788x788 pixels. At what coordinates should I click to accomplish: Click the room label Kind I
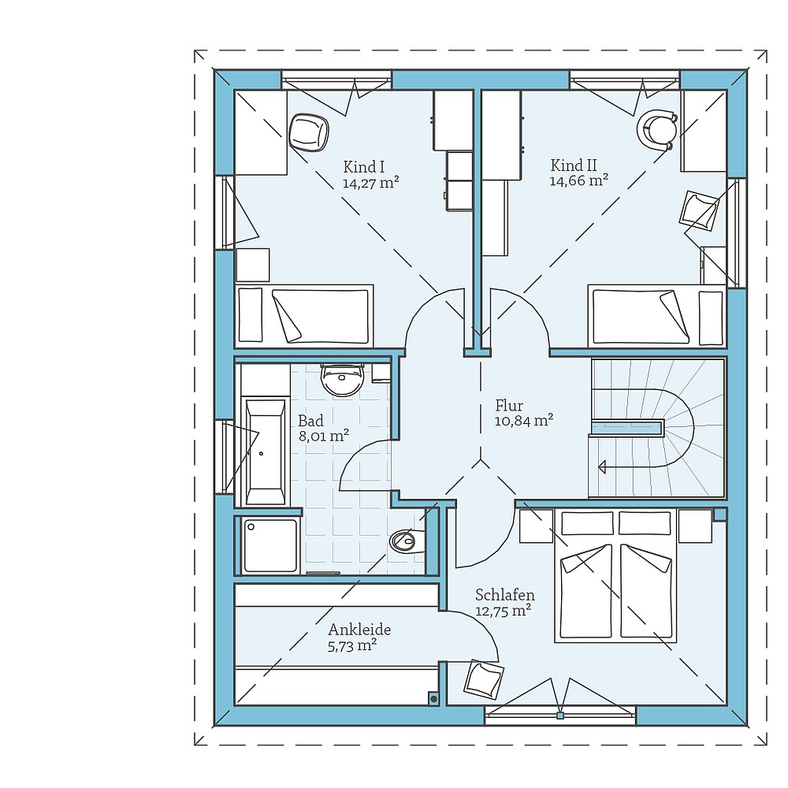click(363, 166)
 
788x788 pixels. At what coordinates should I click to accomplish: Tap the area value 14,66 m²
click(578, 180)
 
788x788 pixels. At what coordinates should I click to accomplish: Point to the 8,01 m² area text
click(323, 435)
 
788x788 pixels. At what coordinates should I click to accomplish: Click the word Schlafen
click(505, 595)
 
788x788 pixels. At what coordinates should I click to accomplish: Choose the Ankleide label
click(359, 630)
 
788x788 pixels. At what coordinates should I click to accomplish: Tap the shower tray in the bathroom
click(269, 545)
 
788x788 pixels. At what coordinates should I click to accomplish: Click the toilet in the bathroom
click(405, 541)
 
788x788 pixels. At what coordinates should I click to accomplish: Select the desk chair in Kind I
click(308, 132)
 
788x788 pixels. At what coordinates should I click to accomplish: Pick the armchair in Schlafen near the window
click(484, 679)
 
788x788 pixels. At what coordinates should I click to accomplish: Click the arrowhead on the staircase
click(601, 466)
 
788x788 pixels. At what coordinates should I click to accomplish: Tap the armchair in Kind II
click(700, 210)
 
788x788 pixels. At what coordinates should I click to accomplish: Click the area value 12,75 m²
click(503, 610)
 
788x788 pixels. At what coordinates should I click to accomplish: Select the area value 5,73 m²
click(351, 645)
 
